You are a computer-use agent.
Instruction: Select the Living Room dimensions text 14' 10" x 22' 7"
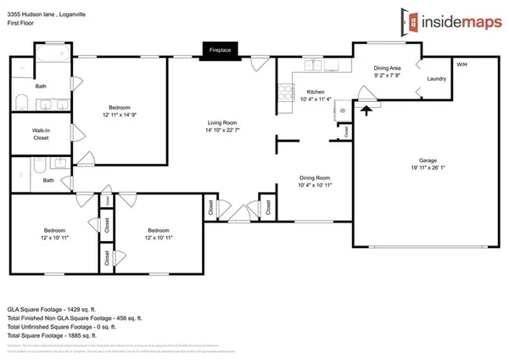pos(224,130)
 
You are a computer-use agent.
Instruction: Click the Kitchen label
pos(316,92)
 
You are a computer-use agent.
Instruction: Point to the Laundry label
pos(437,79)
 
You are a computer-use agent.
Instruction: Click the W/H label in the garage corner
pos(461,65)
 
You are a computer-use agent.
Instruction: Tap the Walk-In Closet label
pos(41,133)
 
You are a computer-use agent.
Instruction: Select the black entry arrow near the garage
pos(366,109)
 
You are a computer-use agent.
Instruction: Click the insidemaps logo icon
pos(411,20)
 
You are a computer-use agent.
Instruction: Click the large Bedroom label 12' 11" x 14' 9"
pos(119,111)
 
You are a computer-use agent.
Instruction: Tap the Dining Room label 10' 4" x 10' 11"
pos(315,181)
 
